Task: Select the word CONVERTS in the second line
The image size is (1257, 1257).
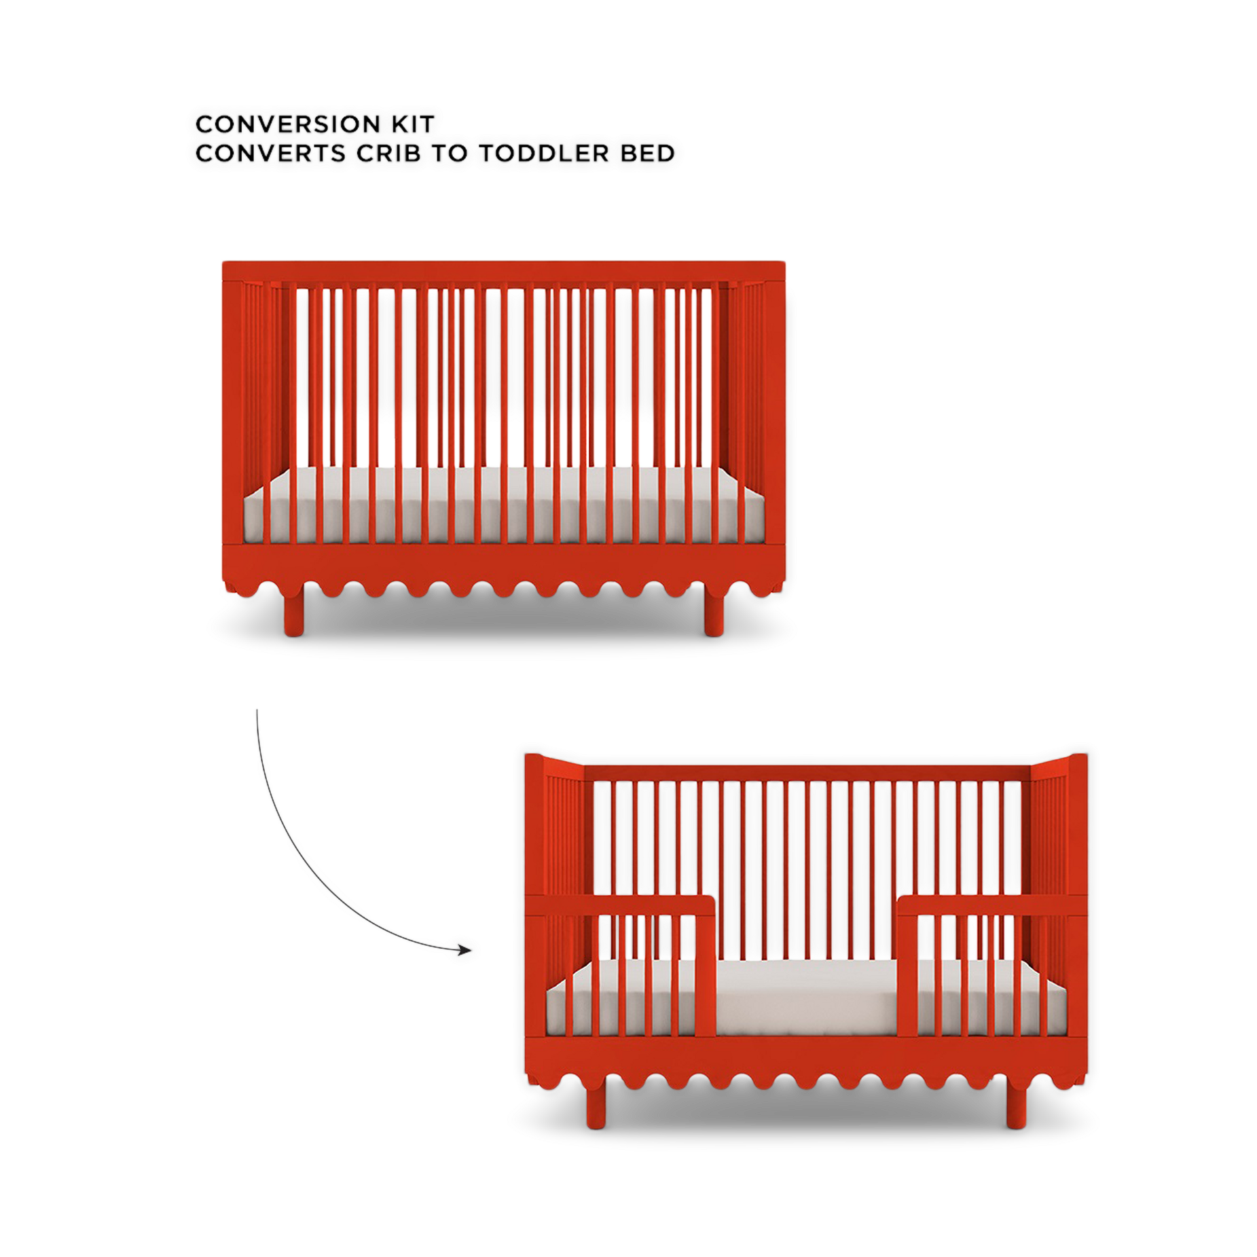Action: click(x=270, y=154)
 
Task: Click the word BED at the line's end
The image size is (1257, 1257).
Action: click(x=648, y=154)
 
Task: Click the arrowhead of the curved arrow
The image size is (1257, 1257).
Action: click(x=465, y=949)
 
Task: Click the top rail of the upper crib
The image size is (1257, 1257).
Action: click(x=503, y=271)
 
